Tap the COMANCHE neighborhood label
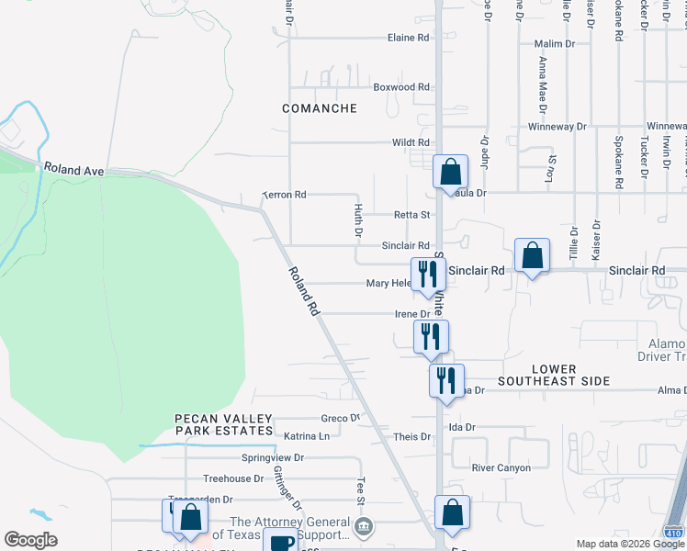pyautogui.click(x=320, y=108)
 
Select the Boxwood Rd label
pyautogui.click(x=401, y=87)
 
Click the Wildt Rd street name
pyautogui.click(x=411, y=142)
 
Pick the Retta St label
pyautogui.click(x=411, y=215)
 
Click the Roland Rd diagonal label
pyautogui.click(x=303, y=291)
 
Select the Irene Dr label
pyautogui.click(x=412, y=314)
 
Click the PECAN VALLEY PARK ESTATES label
pyautogui.click(x=225, y=423)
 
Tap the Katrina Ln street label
pyautogui.click(x=306, y=436)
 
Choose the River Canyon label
pyautogui.click(x=501, y=467)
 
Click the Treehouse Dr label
pyautogui.click(x=233, y=478)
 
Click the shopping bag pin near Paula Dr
pyautogui.click(x=451, y=171)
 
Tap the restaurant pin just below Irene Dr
pyautogui.click(x=431, y=335)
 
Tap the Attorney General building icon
pyautogui.click(x=365, y=527)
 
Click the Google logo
pyautogui.click(x=31, y=540)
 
